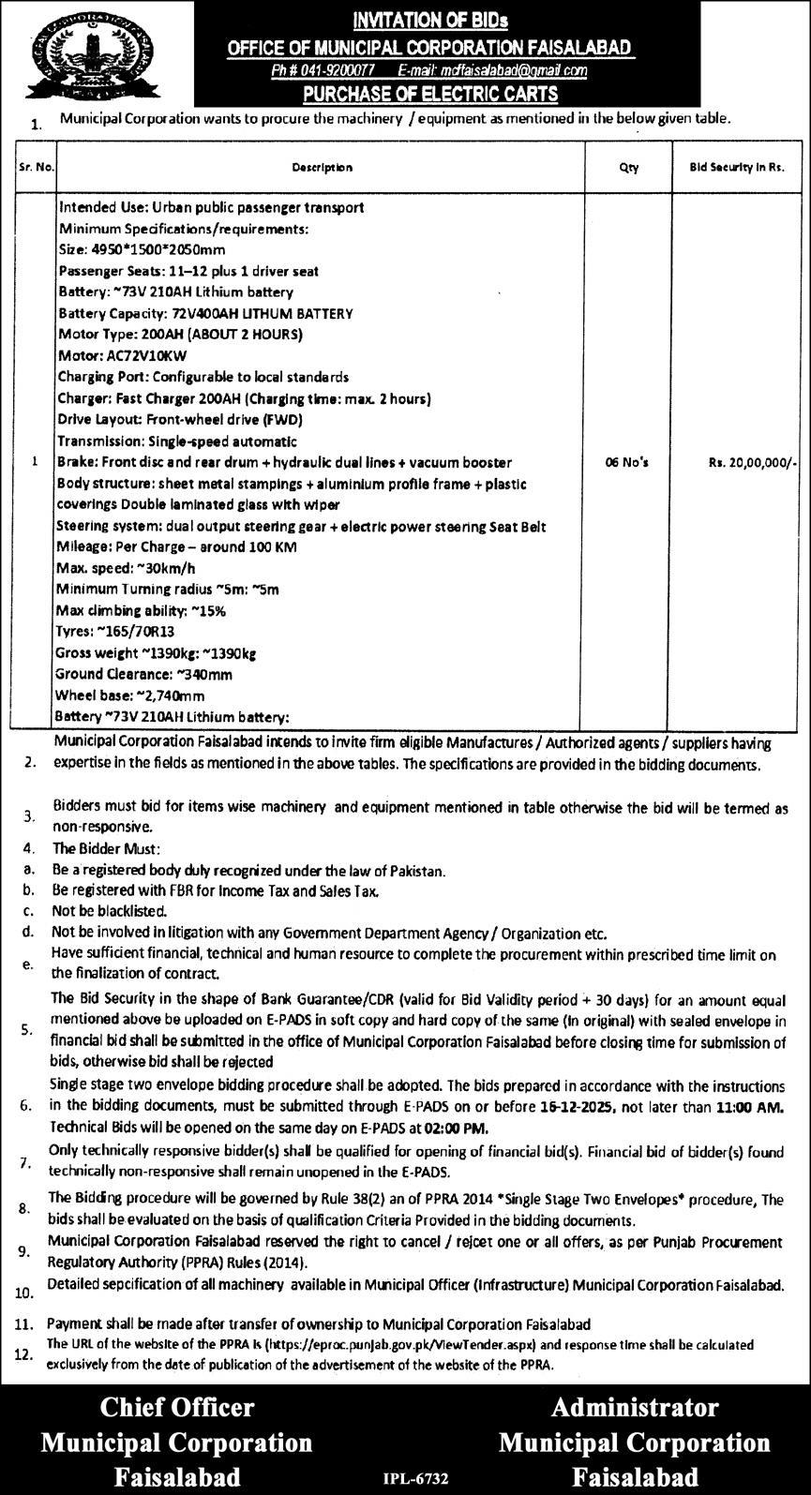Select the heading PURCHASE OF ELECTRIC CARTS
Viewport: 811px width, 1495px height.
click(x=430, y=93)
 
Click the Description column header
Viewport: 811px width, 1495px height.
click(x=322, y=168)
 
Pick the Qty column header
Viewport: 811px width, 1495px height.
click(x=628, y=168)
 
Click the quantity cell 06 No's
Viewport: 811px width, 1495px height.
click(x=628, y=462)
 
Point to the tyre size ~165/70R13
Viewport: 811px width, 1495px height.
click(x=141, y=632)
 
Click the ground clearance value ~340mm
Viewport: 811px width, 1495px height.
click(x=189, y=674)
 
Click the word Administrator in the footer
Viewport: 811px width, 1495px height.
click(x=635, y=1407)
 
